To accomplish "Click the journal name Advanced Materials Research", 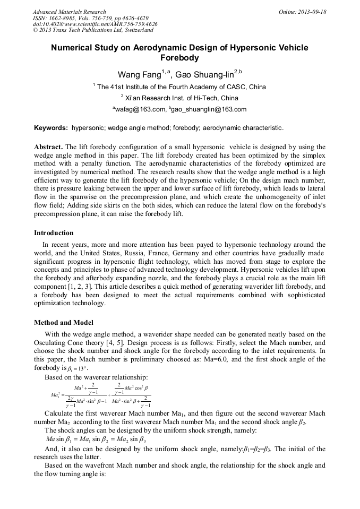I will [x=69, y=12].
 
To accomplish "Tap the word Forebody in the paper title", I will [x=179, y=57].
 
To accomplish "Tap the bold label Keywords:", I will [x=51, y=128].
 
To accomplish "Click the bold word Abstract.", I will [x=48, y=146].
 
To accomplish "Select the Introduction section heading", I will [x=54, y=232].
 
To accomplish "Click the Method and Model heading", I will [x=63, y=322].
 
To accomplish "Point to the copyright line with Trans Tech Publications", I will [x=93, y=31].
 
